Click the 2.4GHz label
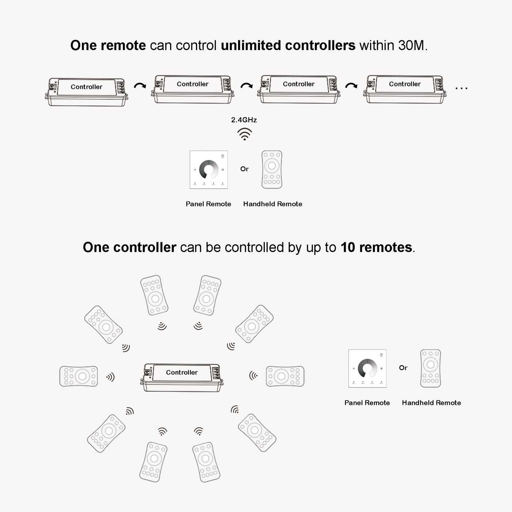244,120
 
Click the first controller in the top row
86,92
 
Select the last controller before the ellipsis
404,89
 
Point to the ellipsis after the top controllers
461,88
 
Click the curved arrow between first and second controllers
140,85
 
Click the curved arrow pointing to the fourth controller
351,85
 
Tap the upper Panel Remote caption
208,204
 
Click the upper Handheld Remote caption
272,204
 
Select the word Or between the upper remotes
244,169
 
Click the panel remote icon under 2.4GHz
208,170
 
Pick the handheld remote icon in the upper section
272,170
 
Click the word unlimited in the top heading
251,45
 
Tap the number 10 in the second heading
348,247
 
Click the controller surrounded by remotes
182,377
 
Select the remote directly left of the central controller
79,376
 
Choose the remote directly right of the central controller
285,376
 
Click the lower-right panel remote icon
368,369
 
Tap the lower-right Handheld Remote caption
431,403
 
